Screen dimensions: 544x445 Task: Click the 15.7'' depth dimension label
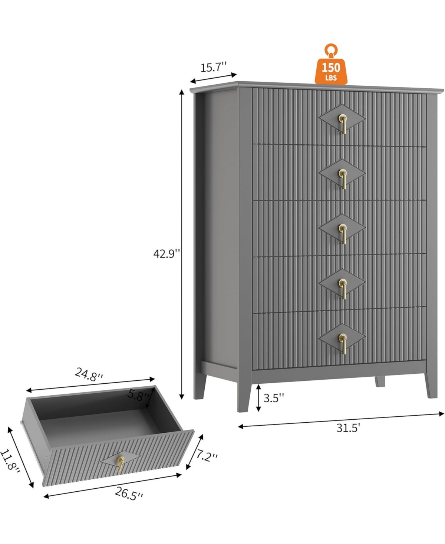(x=213, y=67)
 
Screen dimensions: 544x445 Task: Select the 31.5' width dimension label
(x=348, y=428)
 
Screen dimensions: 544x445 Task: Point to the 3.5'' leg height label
(x=274, y=398)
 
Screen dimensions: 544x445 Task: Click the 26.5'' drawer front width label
(x=128, y=494)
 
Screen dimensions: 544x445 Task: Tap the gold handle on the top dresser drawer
(x=343, y=124)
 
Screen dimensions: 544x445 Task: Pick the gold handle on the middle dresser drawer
(x=343, y=232)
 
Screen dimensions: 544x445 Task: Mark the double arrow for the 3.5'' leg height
(x=259, y=397)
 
